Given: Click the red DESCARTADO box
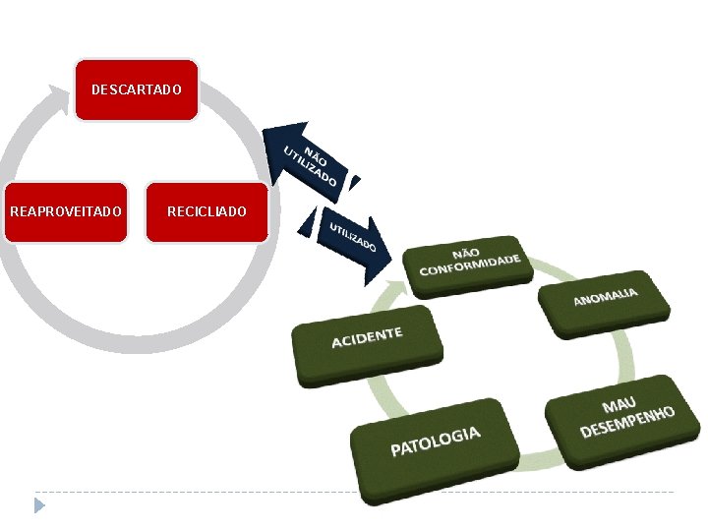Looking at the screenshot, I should [x=137, y=89].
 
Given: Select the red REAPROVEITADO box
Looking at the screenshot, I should [x=65, y=211].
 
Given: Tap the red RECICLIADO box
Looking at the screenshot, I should [x=206, y=211].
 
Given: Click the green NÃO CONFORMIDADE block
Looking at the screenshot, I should [x=468, y=264].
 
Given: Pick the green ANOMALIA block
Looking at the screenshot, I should [x=605, y=299].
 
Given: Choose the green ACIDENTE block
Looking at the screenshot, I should [x=366, y=344].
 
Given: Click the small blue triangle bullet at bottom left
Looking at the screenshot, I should [x=39, y=505].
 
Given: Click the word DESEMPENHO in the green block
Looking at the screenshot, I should [x=627, y=421].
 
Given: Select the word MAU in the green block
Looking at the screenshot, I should [x=619, y=405].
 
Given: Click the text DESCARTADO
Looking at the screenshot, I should [x=137, y=89].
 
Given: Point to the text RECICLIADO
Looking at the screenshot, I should [x=206, y=211].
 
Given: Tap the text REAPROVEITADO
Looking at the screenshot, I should [x=65, y=211].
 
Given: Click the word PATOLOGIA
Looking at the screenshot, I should [x=436, y=442].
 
